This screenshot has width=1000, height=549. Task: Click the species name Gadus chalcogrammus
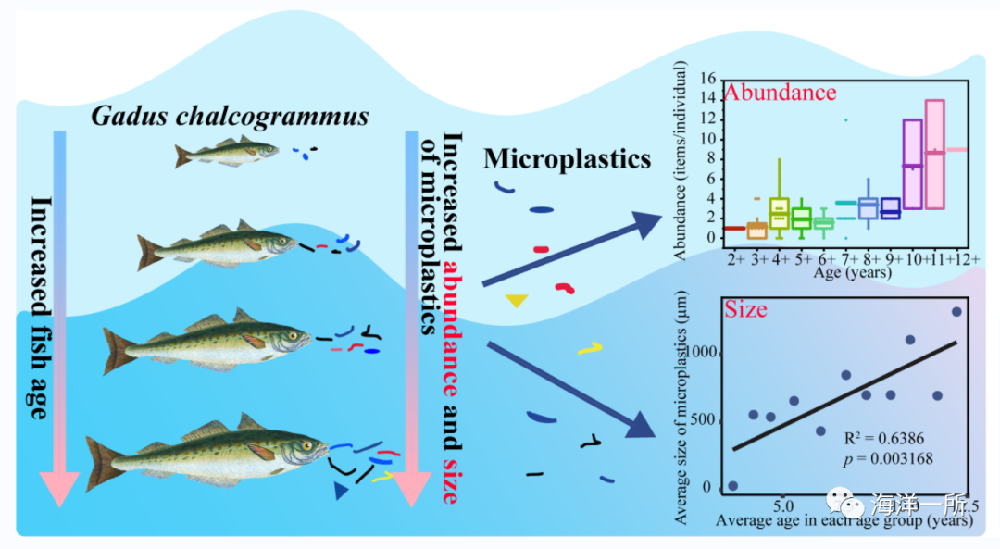(230, 117)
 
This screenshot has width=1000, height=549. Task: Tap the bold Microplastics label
(567, 159)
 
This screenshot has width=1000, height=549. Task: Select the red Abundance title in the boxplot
(781, 93)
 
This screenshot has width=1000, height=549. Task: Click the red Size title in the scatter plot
(745, 309)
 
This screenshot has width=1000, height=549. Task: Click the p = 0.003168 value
(886, 458)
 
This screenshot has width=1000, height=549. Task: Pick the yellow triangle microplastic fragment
(517, 300)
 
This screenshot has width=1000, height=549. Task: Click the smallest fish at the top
(225, 152)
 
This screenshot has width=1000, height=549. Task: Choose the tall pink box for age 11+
(934, 154)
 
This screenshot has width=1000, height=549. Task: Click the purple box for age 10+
(912, 164)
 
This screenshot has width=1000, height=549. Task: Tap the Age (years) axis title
(853, 273)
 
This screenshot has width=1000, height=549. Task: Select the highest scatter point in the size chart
(956, 312)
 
